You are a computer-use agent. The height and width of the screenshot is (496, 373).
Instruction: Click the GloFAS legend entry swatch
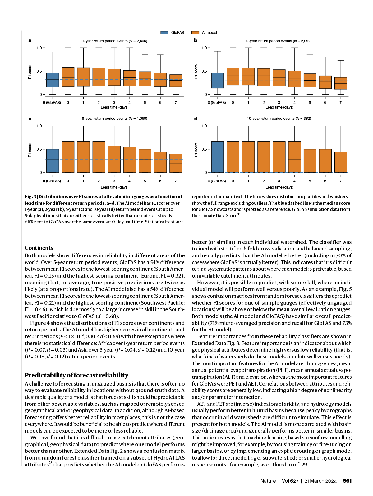(164, 33)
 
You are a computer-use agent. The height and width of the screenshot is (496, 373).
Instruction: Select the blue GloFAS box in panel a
(53, 80)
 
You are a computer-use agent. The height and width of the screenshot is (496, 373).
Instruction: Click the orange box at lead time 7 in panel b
(341, 83)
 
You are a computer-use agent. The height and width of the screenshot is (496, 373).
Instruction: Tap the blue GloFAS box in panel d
(217, 157)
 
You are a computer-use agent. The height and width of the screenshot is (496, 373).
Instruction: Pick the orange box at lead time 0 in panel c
(68, 157)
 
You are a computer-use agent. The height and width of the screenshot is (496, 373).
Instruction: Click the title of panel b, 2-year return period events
(279, 41)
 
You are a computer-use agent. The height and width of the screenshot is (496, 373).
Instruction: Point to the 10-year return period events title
(279, 119)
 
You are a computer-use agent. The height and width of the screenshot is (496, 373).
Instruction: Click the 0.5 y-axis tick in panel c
(39, 149)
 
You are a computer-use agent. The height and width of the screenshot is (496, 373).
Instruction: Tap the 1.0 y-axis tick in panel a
(39, 48)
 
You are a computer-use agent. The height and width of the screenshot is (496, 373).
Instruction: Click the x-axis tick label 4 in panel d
(294, 181)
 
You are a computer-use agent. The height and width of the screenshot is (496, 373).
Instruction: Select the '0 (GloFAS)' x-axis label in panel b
(217, 103)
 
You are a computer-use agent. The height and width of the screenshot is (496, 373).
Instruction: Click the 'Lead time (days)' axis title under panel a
(114, 107)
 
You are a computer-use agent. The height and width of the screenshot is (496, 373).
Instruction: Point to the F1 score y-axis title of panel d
(196, 150)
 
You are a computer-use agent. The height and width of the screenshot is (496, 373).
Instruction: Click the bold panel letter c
(30, 119)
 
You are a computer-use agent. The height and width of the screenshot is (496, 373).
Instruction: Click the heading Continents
(39, 248)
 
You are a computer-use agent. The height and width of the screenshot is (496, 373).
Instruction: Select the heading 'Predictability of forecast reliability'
(76, 375)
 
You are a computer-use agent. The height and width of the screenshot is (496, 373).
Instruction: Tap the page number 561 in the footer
(347, 481)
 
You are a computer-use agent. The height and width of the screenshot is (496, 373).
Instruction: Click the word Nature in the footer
(268, 481)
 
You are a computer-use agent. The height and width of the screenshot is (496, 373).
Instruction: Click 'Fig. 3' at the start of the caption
(29, 197)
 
